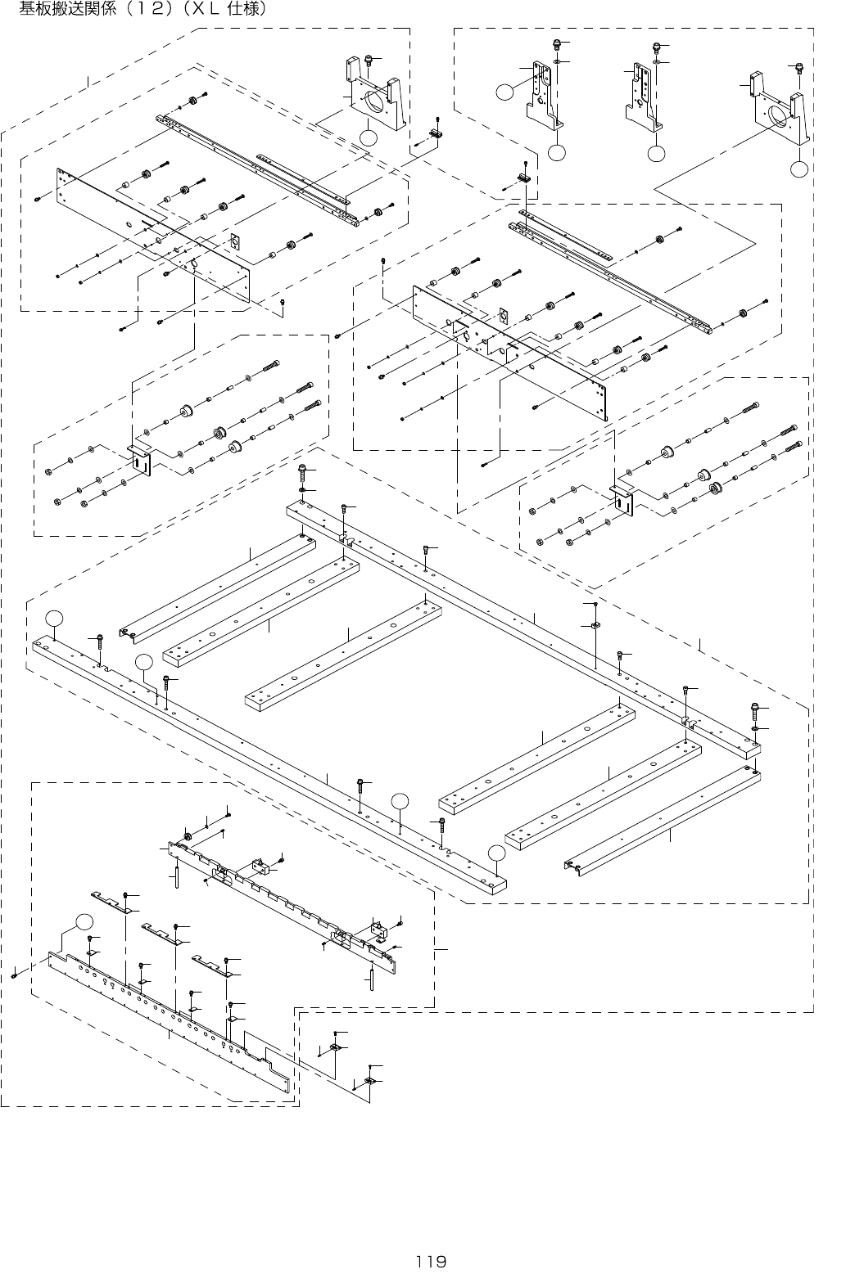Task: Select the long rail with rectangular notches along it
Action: click(287, 900)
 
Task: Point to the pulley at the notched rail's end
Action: click(188, 836)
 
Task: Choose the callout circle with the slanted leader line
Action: click(145, 661)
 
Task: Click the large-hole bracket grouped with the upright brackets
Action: click(778, 110)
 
